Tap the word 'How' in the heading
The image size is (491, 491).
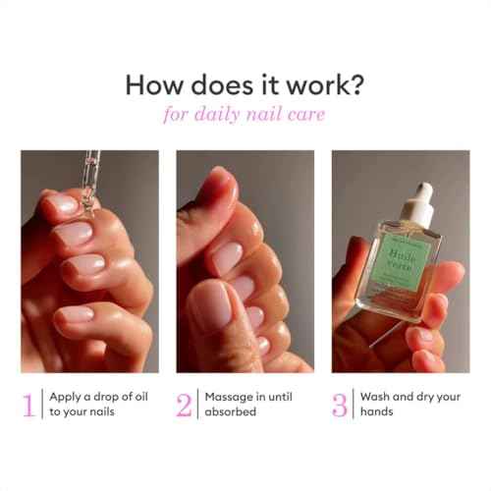151,85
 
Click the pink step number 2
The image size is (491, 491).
185,405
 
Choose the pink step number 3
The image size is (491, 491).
339,405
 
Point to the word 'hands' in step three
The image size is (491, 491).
378,412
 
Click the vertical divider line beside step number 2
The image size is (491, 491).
197,405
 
